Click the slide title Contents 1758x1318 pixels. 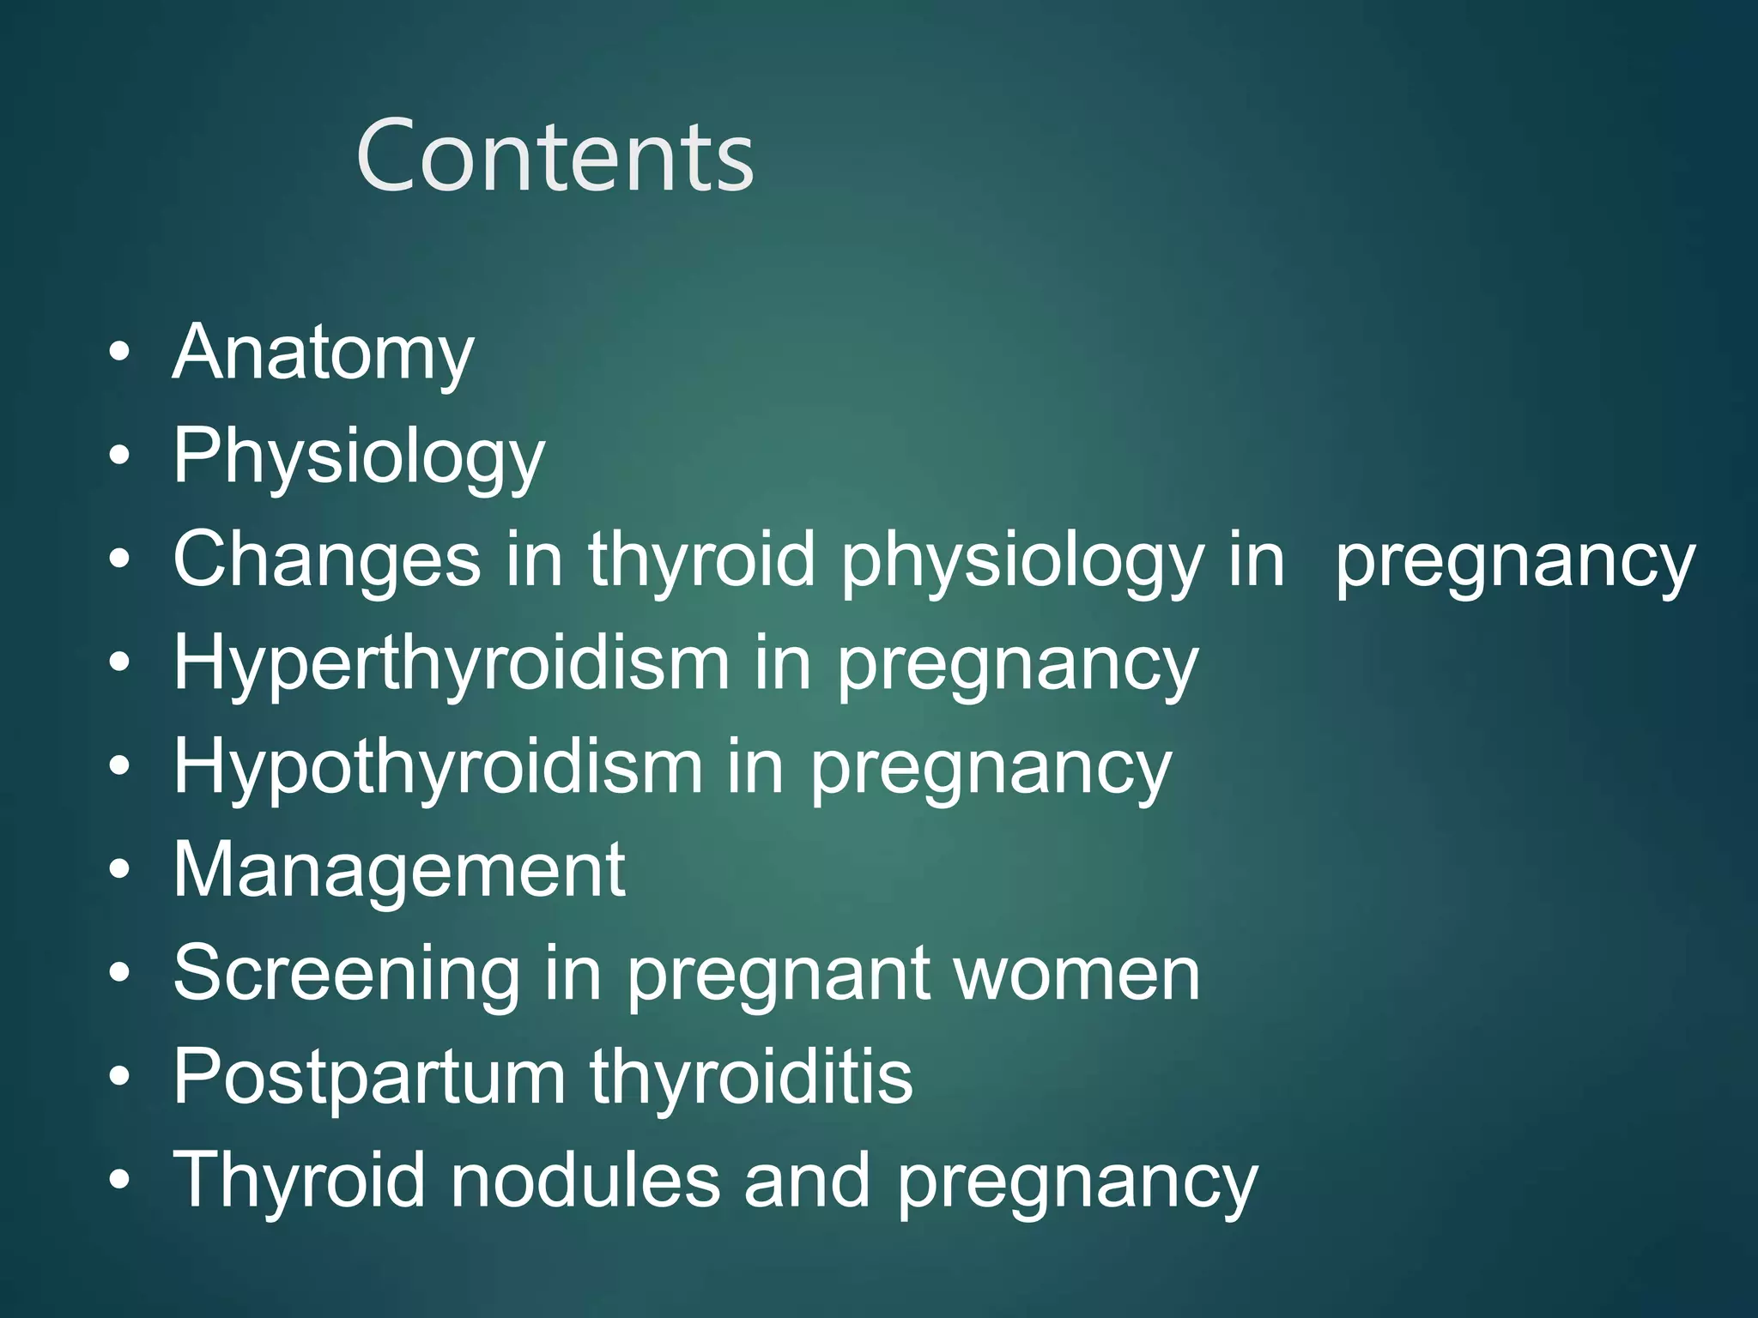coord(555,156)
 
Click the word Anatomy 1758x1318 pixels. coord(323,353)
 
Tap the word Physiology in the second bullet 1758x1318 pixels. coord(359,456)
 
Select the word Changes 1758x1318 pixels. coord(327,560)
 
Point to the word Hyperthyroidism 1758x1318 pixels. coord(452,663)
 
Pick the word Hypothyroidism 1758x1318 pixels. coord(438,766)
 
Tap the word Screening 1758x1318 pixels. coord(347,973)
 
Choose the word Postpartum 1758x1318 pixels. coord(370,1076)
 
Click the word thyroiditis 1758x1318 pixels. coord(751,1076)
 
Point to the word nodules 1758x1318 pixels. coord(585,1180)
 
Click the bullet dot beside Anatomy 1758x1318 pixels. coord(120,353)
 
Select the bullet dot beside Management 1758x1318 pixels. coord(120,871)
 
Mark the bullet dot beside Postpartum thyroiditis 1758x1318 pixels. coord(120,1078)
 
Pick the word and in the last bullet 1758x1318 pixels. coord(807,1180)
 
